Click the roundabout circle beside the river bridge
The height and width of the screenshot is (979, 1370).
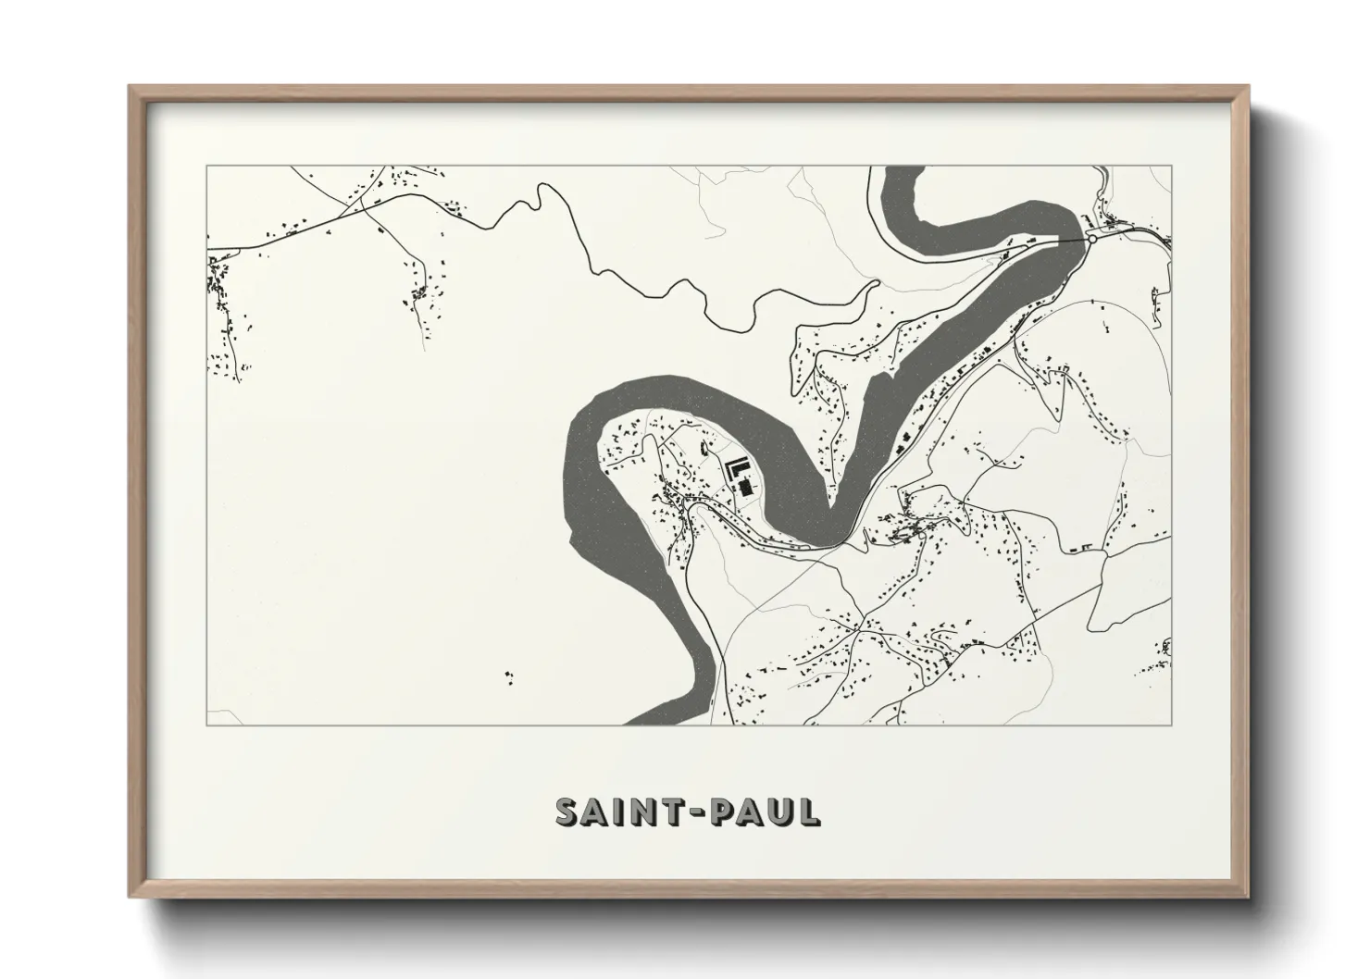pyautogui.click(x=1092, y=239)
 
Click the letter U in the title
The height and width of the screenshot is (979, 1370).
pyautogui.click(x=779, y=812)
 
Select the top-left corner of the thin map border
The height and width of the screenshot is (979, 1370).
pyautogui.click(x=206, y=167)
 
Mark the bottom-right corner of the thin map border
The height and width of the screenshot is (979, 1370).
pyautogui.click(x=1172, y=725)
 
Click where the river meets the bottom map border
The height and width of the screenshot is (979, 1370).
pyautogui.click(x=666, y=723)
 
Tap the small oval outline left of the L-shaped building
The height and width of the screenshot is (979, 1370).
pyautogui.click(x=704, y=449)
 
